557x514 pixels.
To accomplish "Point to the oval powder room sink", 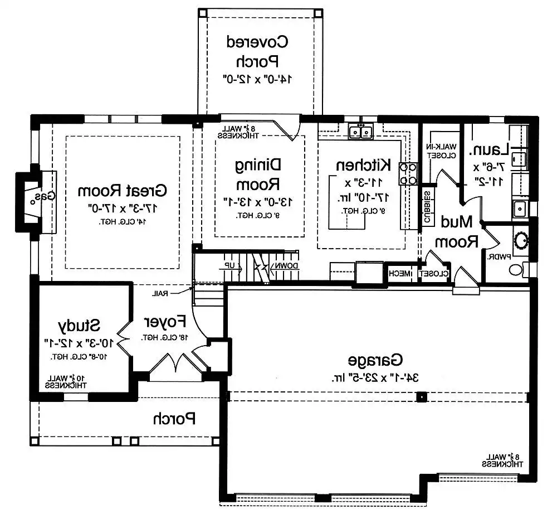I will pyautogui.click(x=521, y=241).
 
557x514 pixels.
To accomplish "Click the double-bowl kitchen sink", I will pyautogui.click(x=360, y=132).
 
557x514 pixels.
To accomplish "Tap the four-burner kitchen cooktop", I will pyautogui.click(x=408, y=173).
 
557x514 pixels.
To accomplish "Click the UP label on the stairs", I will pyautogui.click(x=230, y=266).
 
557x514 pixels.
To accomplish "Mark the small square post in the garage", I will pyautogui.click(x=422, y=397).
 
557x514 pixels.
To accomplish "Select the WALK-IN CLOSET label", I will pyautogui.click(x=440, y=151).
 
